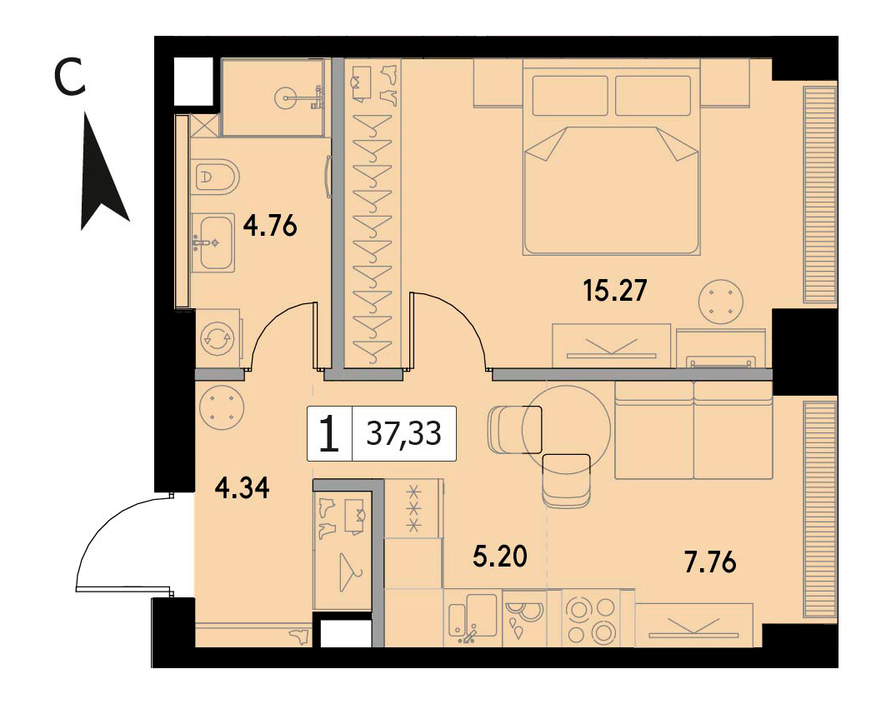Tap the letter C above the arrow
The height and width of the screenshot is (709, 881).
coord(70,77)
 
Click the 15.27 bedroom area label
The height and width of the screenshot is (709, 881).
coord(616,291)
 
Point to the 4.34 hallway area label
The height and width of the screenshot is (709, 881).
coord(243,487)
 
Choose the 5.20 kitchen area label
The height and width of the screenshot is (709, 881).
coord(500,557)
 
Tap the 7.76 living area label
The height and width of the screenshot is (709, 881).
coord(710,562)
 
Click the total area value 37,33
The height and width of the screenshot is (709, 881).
coord(403,433)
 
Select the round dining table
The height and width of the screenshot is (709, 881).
coord(567,429)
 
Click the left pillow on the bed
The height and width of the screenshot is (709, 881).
coord(570,96)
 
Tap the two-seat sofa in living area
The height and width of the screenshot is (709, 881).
coord(694,431)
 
